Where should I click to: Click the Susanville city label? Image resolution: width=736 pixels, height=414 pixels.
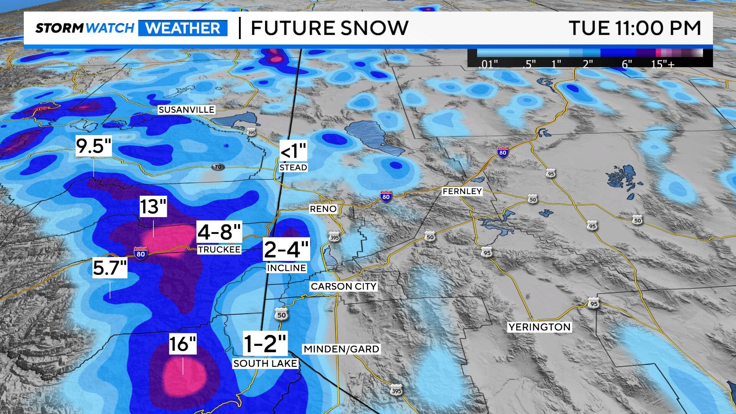pos(186,110)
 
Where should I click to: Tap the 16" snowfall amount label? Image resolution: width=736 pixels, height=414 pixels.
pos(183,344)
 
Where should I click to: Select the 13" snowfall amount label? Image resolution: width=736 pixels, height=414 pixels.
pos(153,207)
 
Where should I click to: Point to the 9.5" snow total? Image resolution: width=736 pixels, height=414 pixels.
pos(94,146)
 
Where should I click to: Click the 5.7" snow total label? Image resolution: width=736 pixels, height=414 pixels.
pos(110,268)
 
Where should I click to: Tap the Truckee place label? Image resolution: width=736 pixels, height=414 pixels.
pos(219,250)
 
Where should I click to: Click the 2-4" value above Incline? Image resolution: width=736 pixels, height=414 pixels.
pos(286,249)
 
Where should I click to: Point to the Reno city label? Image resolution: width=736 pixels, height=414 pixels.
pos(323,209)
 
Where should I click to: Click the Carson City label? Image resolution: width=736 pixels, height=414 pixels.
pos(344,286)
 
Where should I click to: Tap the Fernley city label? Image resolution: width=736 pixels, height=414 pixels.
pos(462,191)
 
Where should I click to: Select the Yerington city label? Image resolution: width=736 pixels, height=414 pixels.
pos(539,327)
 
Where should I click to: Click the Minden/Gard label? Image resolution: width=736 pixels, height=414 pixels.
pos(341,349)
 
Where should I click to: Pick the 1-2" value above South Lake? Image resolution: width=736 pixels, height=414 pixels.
pos(265,344)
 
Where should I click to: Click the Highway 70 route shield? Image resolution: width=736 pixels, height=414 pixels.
pos(218,167)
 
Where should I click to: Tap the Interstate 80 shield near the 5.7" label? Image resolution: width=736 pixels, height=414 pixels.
pos(141,253)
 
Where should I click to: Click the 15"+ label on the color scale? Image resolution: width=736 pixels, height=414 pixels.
pos(662,64)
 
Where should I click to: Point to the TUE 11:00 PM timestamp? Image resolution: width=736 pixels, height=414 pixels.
pos(635,28)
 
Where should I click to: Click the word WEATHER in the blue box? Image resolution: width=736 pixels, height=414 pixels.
pos(183,28)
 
